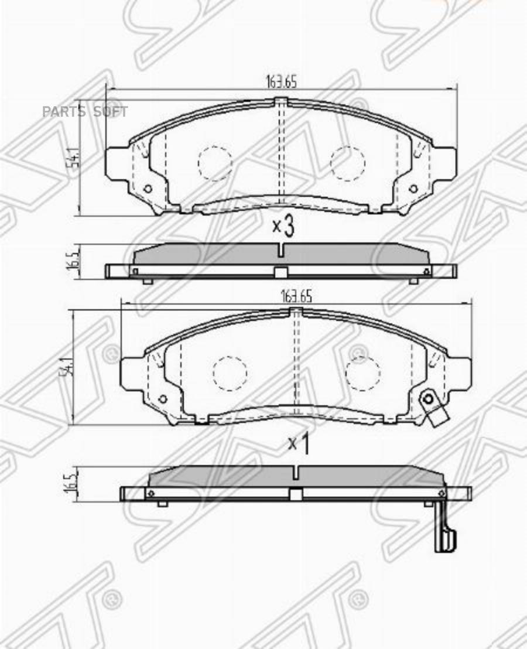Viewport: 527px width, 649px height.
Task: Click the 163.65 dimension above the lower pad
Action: point(296,296)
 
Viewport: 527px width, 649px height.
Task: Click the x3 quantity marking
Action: point(283,226)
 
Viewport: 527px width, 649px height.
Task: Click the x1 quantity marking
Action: point(298,443)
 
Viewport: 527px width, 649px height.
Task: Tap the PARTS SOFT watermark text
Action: point(85,112)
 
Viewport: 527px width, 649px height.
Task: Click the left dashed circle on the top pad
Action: point(215,162)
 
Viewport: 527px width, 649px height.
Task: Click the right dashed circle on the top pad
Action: point(348,162)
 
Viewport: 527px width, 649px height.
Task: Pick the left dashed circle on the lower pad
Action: point(230,373)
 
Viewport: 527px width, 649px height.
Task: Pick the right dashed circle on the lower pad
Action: point(363,373)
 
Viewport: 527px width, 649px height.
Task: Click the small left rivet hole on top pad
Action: point(148,189)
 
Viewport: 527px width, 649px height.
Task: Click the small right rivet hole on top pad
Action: point(413,189)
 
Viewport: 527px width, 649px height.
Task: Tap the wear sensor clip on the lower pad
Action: point(433,407)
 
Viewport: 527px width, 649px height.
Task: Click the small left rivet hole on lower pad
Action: point(163,399)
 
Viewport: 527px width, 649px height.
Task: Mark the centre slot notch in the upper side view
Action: point(282,250)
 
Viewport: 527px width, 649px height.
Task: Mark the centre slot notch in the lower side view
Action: point(296,472)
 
